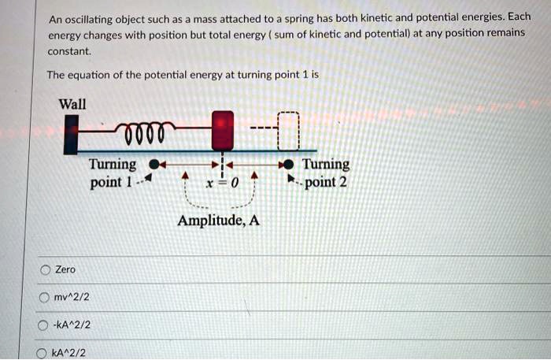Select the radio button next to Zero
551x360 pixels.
coord(45,270)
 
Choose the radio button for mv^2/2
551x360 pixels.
coord(45,297)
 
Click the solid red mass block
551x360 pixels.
coord(223,131)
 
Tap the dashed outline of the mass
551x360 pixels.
coord(289,131)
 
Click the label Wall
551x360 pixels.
coord(72,104)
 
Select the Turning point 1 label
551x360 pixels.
coord(112,173)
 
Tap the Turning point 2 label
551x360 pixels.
coord(326,173)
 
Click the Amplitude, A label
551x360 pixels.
coord(218,221)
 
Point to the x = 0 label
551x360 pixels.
coord(216,182)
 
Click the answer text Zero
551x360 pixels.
coord(65,270)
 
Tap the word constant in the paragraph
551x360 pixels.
coord(69,51)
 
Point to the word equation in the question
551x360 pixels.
coord(94,76)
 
